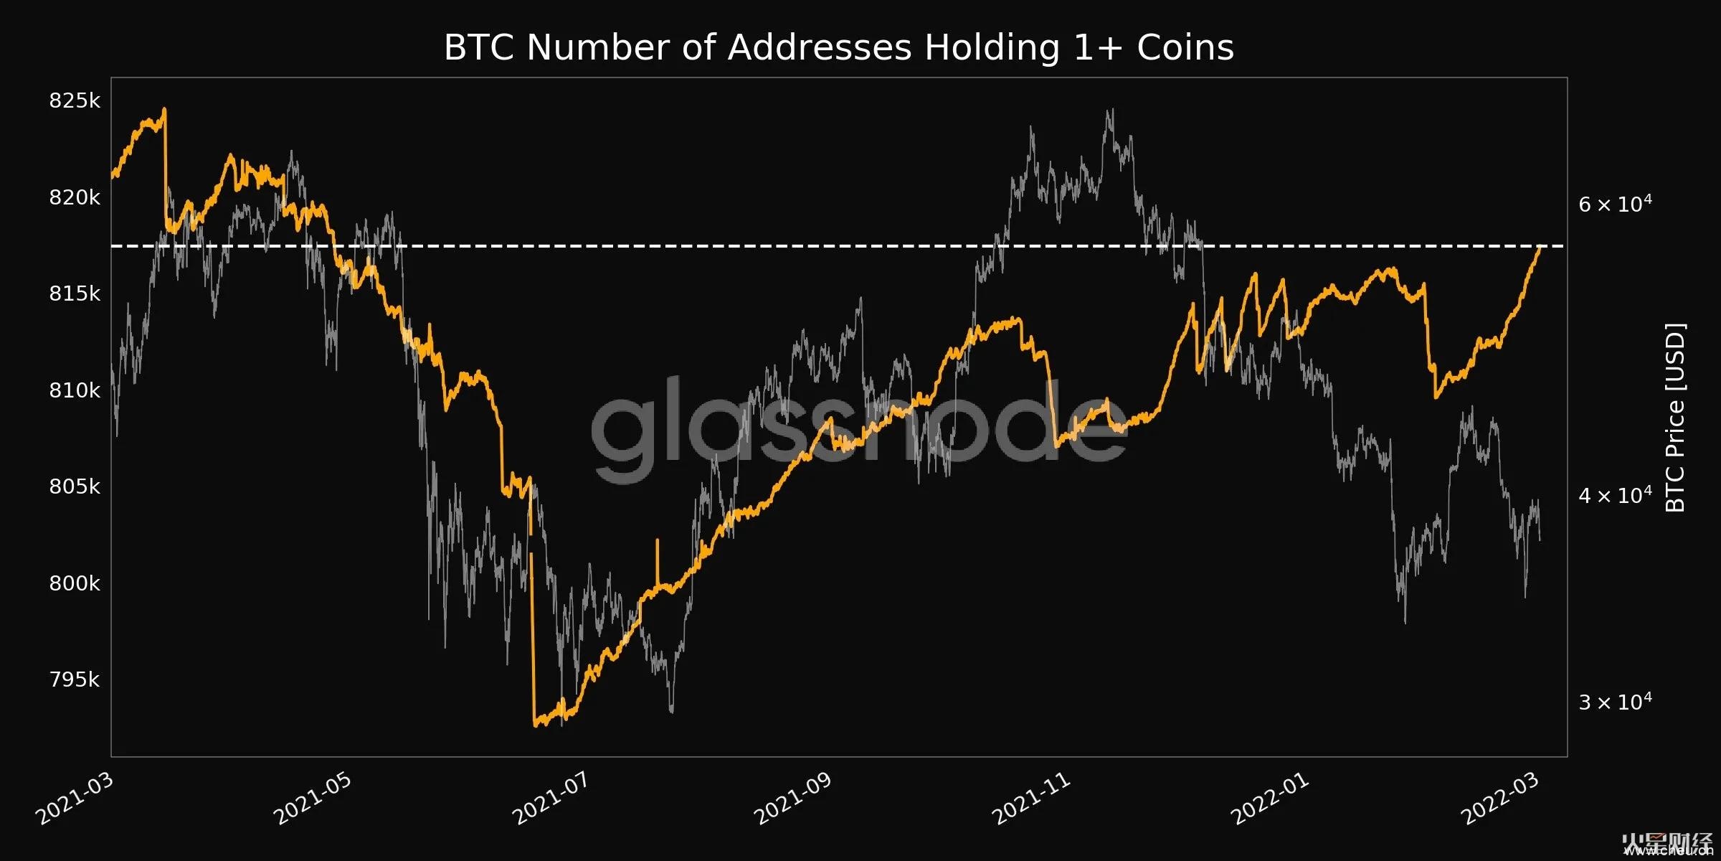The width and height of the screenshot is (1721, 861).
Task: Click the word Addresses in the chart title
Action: pos(820,48)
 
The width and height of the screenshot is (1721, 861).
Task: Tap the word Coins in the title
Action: pos(1185,48)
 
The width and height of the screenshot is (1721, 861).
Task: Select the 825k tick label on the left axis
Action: pos(75,100)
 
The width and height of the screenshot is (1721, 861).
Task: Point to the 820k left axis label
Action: pos(75,197)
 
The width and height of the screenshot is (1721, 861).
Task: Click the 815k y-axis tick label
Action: pos(75,293)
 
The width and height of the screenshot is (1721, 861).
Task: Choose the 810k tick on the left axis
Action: pos(75,390)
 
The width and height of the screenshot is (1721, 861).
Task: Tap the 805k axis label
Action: pos(75,486)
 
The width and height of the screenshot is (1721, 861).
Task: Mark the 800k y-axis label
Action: pos(75,583)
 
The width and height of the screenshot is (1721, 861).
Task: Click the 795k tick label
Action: pos(75,679)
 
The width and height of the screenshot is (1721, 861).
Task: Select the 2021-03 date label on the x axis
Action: pos(75,799)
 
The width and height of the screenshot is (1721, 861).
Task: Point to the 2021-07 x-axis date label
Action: pos(551,799)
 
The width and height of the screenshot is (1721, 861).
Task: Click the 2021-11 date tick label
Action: pos(1030,799)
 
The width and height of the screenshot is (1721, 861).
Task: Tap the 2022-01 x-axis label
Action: pos(1269,799)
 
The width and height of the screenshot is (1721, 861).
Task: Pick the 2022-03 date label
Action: pos(1499,799)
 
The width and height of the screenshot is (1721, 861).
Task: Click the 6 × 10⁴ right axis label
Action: pos(1615,204)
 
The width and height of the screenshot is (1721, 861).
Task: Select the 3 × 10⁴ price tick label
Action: pos(1615,702)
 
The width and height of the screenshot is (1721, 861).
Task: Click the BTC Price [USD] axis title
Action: pos(1675,418)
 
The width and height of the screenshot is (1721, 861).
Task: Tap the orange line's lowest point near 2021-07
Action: pos(536,725)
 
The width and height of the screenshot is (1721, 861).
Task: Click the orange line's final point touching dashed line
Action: pos(1540,247)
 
